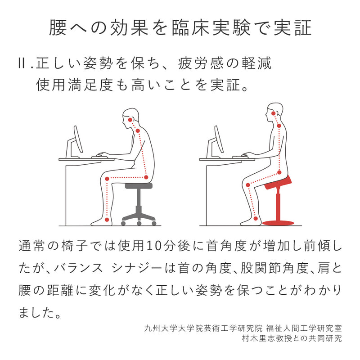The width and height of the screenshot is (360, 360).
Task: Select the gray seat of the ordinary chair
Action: pos(139,185)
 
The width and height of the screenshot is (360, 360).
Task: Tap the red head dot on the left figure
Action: pos(130,119)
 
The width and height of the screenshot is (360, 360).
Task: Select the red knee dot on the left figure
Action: pos(107,179)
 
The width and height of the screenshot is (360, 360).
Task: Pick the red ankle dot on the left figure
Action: pos(107,220)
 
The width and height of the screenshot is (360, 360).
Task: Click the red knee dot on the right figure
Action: pos(248,185)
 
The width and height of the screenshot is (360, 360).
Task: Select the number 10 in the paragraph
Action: pos(154,246)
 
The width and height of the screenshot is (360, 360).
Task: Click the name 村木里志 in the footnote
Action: pos(258,338)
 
